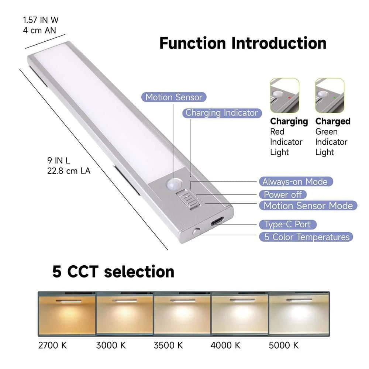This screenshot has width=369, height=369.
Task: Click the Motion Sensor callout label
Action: [x=174, y=97]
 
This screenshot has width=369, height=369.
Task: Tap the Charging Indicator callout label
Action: [x=222, y=113]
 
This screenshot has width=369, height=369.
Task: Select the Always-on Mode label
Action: [x=296, y=182]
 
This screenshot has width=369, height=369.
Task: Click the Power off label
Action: [x=283, y=194]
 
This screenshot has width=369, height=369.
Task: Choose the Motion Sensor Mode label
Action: [x=308, y=206]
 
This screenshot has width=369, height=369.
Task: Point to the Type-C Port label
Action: [x=287, y=224]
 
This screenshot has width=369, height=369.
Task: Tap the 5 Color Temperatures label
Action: [x=306, y=237]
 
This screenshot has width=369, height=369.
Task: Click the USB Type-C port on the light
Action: [x=217, y=222]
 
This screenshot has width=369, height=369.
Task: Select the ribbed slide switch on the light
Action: [x=186, y=199]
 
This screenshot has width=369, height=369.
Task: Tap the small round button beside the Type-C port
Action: [x=197, y=231]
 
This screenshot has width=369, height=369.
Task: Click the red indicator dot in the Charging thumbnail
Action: [x=290, y=97]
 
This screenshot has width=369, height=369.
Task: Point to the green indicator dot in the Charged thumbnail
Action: [x=334, y=97]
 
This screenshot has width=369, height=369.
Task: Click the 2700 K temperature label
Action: [x=52, y=345]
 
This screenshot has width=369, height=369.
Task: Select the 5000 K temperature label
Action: [x=283, y=345]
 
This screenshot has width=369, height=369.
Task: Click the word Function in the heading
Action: [x=193, y=43]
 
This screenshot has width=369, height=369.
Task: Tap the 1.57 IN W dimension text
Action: [x=41, y=20]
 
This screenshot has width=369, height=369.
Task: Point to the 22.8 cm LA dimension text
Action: [x=69, y=171]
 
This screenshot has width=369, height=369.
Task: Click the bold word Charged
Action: [x=333, y=121]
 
